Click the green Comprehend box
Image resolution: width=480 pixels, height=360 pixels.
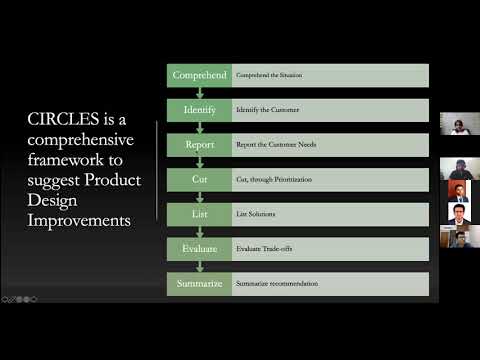pos(198,75)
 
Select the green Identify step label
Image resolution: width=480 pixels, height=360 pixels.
pos(198,110)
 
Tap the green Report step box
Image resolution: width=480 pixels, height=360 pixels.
pos(198,145)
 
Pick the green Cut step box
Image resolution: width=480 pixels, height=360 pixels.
pos(198,180)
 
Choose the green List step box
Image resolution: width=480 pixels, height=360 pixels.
pos(198,214)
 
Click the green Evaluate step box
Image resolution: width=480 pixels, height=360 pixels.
pos(198,249)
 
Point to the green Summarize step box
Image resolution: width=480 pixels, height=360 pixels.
pos(198,284)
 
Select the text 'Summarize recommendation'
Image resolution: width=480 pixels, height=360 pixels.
pos(277,284)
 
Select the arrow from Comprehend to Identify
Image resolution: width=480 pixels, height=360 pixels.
pos(198,93)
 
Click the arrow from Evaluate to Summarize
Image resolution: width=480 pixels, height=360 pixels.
pos(198,267)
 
